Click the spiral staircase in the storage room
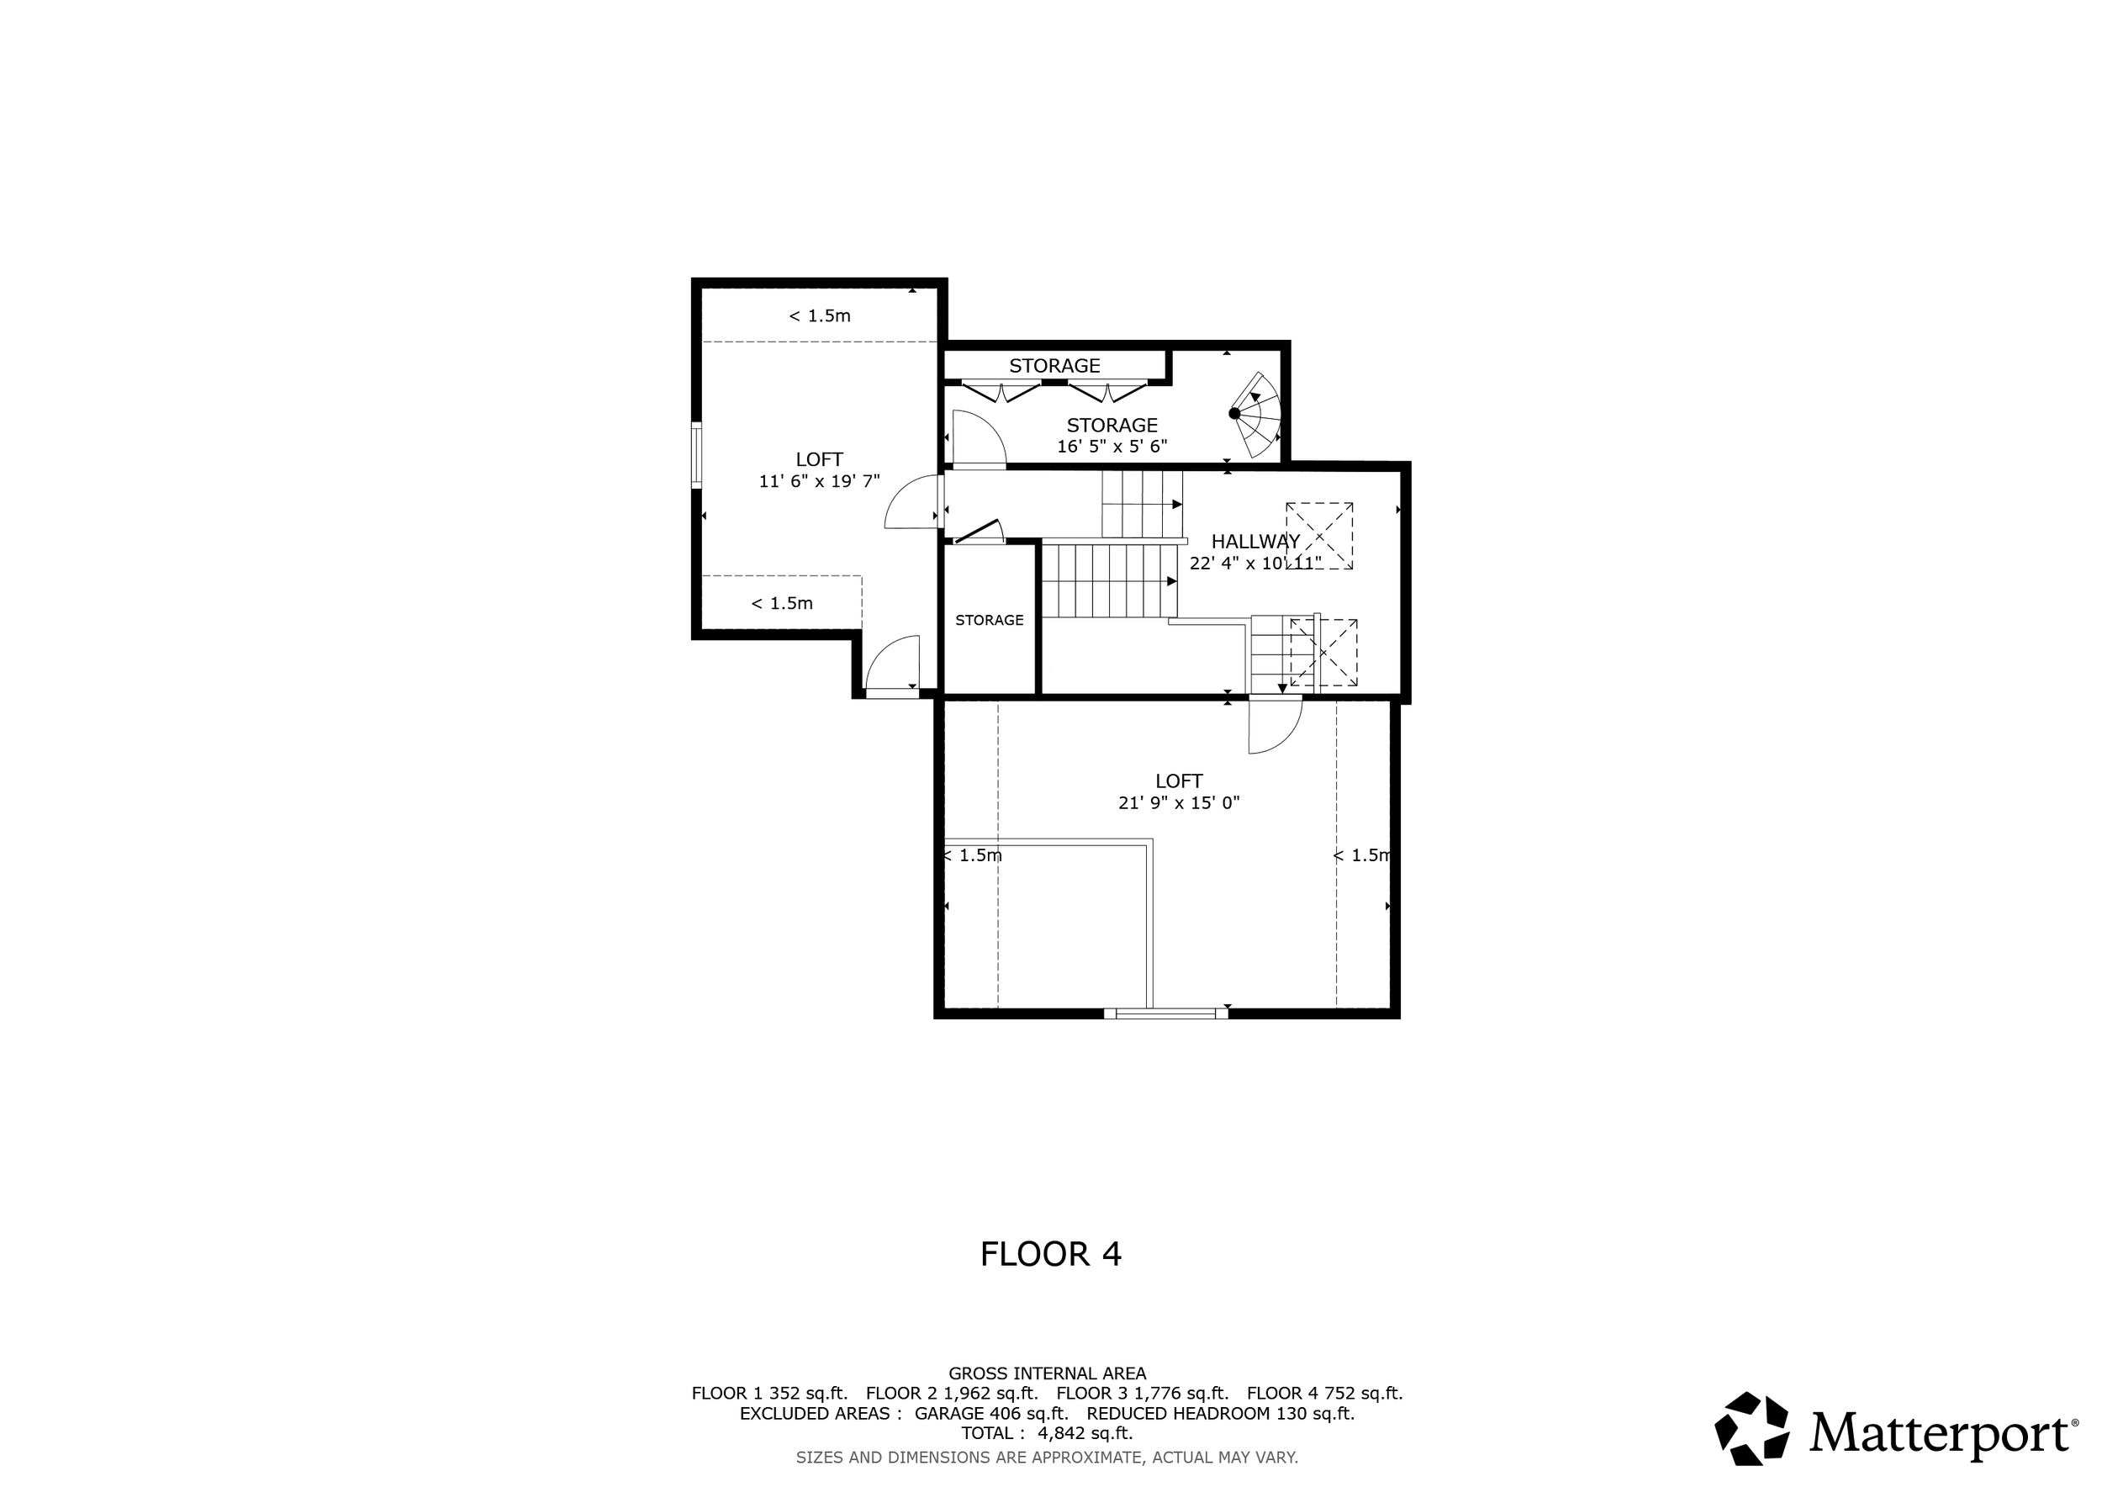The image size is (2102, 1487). coord(1255,415)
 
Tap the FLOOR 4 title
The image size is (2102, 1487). coord(1050,1254)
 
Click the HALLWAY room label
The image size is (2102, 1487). coord(1255,541)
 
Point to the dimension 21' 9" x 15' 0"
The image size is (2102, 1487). coord(1178,803)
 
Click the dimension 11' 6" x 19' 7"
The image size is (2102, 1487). coord(818,481)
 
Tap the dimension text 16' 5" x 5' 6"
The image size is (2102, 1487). coord(1112,447)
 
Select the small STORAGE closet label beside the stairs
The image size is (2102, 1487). coord(989,620)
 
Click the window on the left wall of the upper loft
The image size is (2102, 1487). coord(697,455)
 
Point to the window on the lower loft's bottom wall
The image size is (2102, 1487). coord(1165,1013)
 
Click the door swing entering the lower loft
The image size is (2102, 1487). coord(1275,725)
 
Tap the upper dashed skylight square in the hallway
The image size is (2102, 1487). coord(1319,536)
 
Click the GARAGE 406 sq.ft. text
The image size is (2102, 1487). coord(990,1413)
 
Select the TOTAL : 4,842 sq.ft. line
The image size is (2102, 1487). coord(1047,1433)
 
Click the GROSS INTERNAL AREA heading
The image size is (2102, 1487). coord(1047,1373)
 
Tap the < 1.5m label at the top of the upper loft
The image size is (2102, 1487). coord(820,316)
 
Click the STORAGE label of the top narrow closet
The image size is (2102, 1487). coord(1054,365)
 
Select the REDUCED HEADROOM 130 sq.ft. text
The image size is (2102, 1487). coord(1220,1413)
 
